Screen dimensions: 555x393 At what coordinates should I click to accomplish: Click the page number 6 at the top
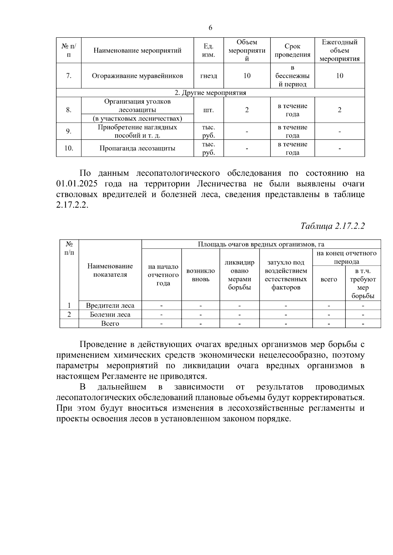pos(210,27)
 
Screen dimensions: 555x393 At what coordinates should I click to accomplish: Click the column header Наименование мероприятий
pos(137,50)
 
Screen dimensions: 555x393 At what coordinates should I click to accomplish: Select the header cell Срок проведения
pos(292,50)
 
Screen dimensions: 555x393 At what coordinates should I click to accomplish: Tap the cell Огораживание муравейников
pos(137,76)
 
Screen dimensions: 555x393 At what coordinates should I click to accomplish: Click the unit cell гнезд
pos(208,76)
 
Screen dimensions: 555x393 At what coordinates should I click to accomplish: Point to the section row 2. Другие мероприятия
pos(210,93)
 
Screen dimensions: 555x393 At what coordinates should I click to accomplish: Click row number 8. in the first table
pos(68,110)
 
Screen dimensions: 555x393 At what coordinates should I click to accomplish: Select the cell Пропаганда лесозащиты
pos(137,148)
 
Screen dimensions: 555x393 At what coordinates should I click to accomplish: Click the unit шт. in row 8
pos(208,110)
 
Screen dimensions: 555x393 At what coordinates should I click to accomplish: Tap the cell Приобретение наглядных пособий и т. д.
pos(137,131)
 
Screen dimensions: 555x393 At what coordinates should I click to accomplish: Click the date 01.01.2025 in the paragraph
pos(77,184)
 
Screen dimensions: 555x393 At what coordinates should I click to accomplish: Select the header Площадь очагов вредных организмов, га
pos(261,244)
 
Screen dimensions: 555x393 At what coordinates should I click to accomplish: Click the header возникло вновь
pos(200,275)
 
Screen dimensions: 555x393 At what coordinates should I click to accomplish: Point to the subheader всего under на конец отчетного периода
pos(328,279)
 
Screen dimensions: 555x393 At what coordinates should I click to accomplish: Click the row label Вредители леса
pos(110,305)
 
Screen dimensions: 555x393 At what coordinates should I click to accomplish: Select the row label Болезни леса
pos(110,315)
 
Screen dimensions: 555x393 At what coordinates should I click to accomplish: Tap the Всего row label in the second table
pos(110,323)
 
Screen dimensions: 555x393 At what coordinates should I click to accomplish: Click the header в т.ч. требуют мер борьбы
pos(363,284)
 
